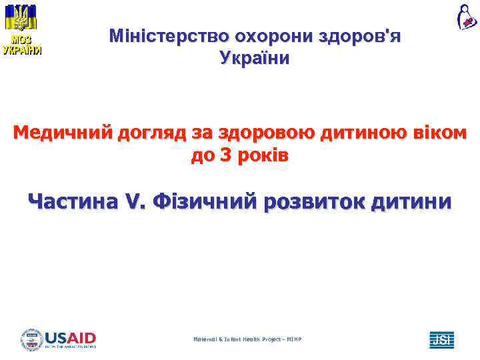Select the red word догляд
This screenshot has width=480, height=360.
coord(152,133)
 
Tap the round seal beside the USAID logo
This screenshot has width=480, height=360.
coord(31,339)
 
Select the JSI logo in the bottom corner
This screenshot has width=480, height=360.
coord(441,339)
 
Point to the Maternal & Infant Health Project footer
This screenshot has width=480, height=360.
coord(247,339)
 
